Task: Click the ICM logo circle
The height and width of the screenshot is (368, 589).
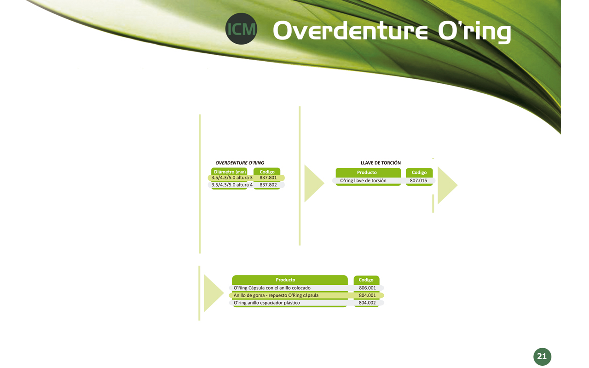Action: (x=241, y=29)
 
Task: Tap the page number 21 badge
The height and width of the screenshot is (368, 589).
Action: (x=542, y=356)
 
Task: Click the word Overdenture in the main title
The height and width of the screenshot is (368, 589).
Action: (x=350, y=31)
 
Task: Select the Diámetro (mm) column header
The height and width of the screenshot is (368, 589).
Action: (x=230, y=172)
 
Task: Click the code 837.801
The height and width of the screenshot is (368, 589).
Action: (x=268, y=178)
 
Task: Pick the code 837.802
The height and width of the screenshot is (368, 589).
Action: (x=268, y=185)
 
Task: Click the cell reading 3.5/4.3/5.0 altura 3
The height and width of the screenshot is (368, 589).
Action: (x=232, y=178)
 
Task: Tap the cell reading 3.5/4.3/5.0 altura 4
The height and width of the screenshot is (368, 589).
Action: (x=232, y=185)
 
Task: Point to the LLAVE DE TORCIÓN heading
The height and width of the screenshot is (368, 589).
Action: (x=381, y=163)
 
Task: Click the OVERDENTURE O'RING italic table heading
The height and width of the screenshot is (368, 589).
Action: (x=240, y=163)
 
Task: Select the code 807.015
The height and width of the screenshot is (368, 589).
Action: (x=418, y=181)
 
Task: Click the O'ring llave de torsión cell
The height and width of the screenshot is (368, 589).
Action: (x=363, y=181)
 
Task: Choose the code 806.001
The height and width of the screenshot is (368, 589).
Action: (x=367, y=288)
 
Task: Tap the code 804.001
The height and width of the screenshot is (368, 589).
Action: (x=367, y=295)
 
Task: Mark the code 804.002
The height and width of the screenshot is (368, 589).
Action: (x=367, y=303)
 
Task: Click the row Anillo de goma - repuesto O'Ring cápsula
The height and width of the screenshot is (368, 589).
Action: (x=276, y=295)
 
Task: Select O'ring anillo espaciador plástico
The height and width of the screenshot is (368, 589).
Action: (x=266, y=303)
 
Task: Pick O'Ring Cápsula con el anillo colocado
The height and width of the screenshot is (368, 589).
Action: (x=272, y=288)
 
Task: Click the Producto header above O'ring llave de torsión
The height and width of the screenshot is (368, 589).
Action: (x=367, y=172)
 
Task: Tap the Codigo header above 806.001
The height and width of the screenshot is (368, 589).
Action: (x=366, y=280)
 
